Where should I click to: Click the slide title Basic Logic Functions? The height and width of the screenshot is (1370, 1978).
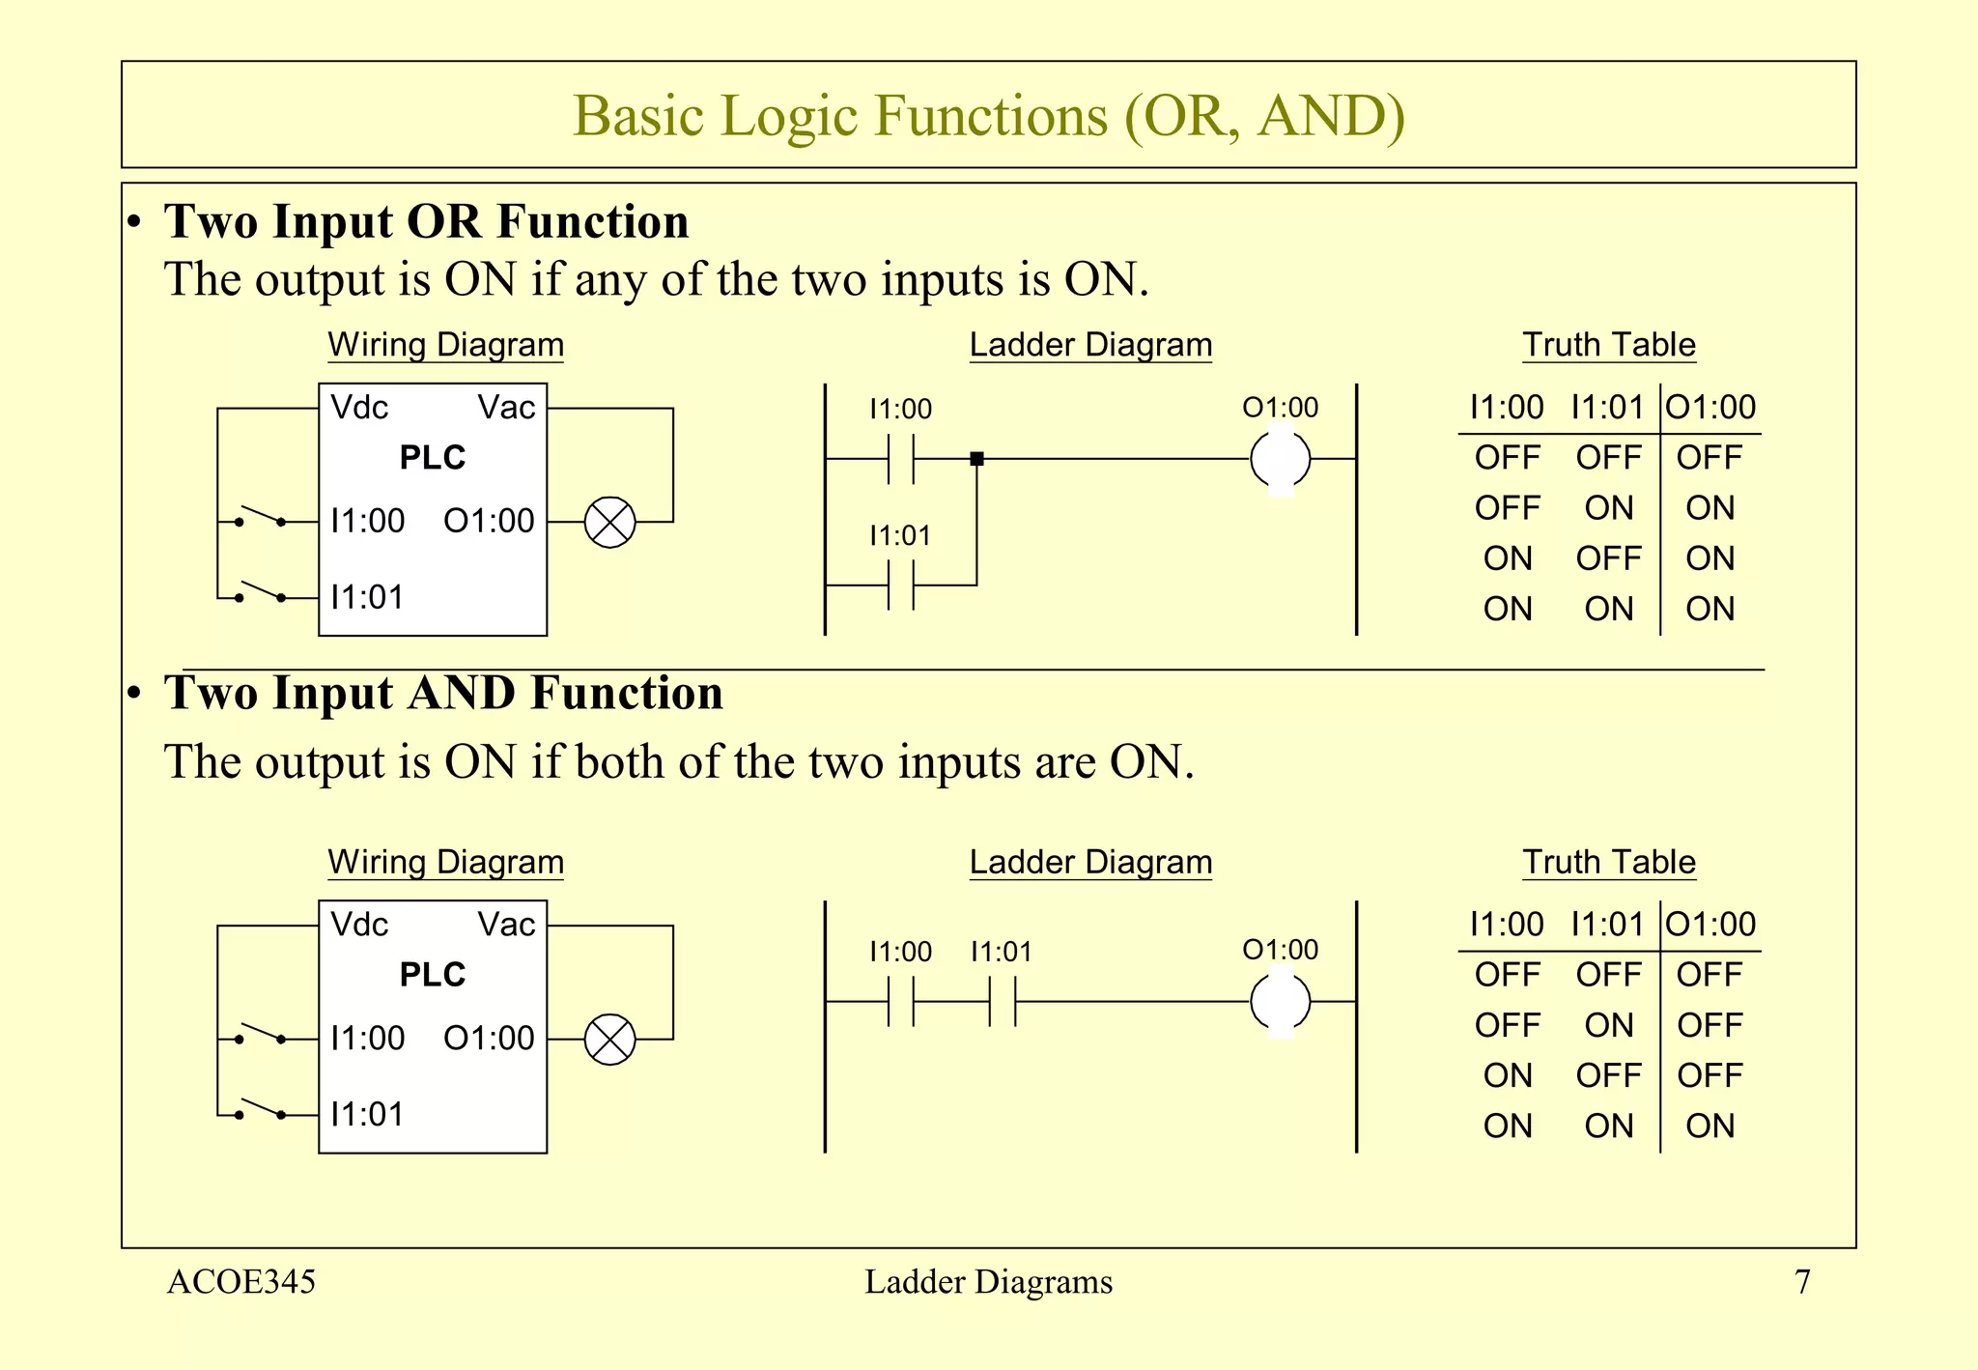tap(988, 116)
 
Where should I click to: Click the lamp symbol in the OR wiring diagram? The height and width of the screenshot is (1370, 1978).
tap(610, 523)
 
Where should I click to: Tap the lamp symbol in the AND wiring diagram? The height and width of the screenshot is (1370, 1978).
tap(610, 1040)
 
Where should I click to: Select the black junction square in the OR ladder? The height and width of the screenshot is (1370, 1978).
tap(976, 459)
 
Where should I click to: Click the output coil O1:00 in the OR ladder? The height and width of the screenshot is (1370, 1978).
tap(1280, 459)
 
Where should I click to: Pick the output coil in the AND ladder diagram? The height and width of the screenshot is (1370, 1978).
tap(1280, 1001)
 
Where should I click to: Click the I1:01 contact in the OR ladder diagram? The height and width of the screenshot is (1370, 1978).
tap(900, 585)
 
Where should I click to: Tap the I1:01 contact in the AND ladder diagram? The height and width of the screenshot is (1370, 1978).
tap(1003, 1001)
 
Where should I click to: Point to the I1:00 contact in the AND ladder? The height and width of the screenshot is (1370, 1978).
tap(900, 1001)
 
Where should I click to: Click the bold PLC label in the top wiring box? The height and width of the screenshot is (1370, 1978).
tap(432, 457)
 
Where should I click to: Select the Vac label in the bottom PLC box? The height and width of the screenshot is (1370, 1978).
tap(506, 925)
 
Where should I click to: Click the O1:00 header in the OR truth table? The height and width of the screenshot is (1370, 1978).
tap(1710, 408)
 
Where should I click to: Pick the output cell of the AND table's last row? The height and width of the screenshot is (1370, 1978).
tap(1710, 1126)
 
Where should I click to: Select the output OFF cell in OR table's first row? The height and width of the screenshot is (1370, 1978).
tap(1710, 458)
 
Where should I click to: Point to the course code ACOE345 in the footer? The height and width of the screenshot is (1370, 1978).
tap(241, 1282)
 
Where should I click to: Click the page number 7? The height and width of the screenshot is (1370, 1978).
tap(1802, 1282)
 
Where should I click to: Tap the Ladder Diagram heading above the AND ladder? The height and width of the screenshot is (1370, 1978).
tap(1090, 862)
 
